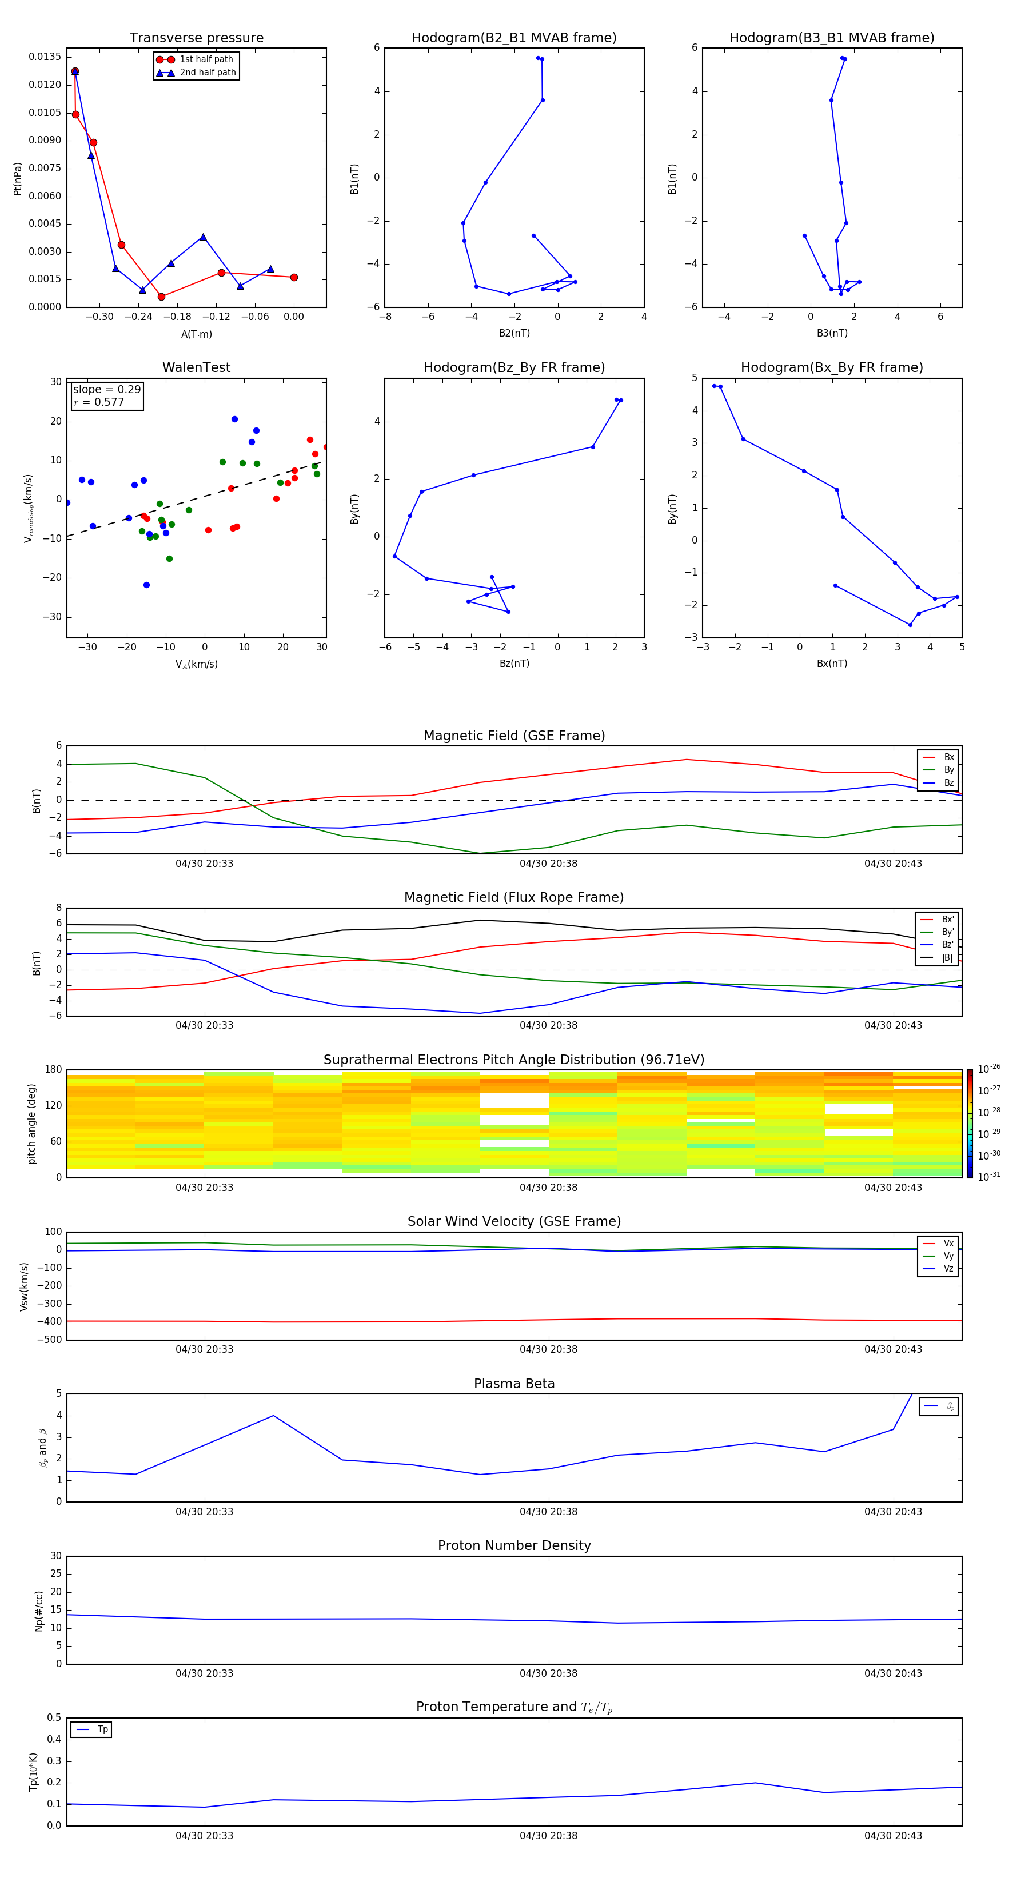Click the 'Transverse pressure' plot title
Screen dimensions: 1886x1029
196,38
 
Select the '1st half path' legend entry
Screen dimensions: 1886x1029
206,59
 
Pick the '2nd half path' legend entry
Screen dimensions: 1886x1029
208,73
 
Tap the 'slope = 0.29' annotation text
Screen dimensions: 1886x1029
106,390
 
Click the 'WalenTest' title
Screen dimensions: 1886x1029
196,367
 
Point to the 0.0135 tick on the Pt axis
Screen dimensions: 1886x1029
45,57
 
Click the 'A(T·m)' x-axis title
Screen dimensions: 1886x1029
196,334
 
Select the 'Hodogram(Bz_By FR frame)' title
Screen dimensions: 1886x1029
514,367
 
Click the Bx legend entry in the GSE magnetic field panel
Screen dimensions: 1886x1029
948,757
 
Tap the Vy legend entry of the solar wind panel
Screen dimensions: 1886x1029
948,1256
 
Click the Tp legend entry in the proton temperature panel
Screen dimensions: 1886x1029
102,1729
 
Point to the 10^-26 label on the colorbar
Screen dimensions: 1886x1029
989,1069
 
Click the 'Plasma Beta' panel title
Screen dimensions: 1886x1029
514,1384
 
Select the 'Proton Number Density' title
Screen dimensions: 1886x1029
514,1545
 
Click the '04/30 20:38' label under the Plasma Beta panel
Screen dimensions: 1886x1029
549,1512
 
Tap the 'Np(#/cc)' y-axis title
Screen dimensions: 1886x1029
39,1611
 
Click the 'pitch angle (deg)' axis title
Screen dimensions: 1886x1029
31,1124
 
